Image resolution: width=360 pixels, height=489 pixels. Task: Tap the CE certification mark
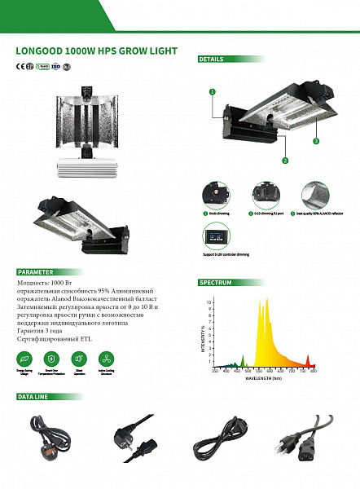(x=20, y=67)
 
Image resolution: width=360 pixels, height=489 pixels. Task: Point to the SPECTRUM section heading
(x=216, y=282)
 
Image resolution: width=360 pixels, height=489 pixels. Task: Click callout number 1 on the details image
(x=213, y=92)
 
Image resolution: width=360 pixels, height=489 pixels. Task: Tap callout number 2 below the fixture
(x=285, y=161)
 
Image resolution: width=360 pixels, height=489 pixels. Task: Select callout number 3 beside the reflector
(x=314, y=141)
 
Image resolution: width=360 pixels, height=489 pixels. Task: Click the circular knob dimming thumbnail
(x=216, y=194)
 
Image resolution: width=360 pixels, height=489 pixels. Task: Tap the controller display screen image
(x=216, y=236)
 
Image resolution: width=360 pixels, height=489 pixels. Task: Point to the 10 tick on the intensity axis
(x=209, y=302)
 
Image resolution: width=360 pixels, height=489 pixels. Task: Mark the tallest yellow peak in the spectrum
(x=263, y=300)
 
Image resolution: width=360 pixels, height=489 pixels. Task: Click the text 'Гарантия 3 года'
(x=41, y=331)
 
